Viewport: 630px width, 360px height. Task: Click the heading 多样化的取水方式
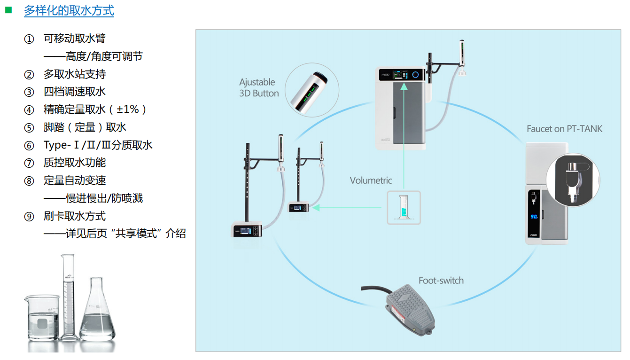tap(69, 11)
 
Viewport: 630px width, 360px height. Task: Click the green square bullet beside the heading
tap(8, 9)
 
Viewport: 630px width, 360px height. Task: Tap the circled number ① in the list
tap(29, 39)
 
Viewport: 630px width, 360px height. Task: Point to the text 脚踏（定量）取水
tap(85, 127)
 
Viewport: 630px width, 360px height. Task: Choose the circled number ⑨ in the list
tap(29, 217)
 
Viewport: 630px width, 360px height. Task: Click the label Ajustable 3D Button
tap(259, 88)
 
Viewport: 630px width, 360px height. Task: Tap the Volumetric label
tap(371, 180)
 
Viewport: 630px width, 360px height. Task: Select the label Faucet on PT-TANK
tap(564, 129)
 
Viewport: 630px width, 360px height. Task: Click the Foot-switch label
tap(441, 281)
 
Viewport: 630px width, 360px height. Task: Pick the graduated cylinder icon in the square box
tap(404, 208)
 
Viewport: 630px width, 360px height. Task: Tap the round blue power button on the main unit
tap(415, 75)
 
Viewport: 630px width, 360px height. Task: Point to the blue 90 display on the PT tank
tap(534, 217)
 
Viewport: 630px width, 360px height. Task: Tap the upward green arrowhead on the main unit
tap(404, 86)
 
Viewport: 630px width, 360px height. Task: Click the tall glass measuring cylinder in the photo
tap(69, 296)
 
